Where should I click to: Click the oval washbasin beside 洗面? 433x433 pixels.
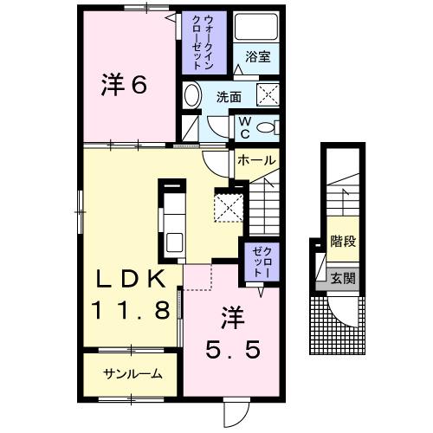click(x=193, y=96)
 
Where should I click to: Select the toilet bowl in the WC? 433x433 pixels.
click(x=269, y=126)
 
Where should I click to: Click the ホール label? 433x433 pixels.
click(x=256, y=160)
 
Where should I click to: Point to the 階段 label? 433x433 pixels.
click(x=344, y=242)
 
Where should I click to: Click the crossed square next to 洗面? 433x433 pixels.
click(x=268, y=94)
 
